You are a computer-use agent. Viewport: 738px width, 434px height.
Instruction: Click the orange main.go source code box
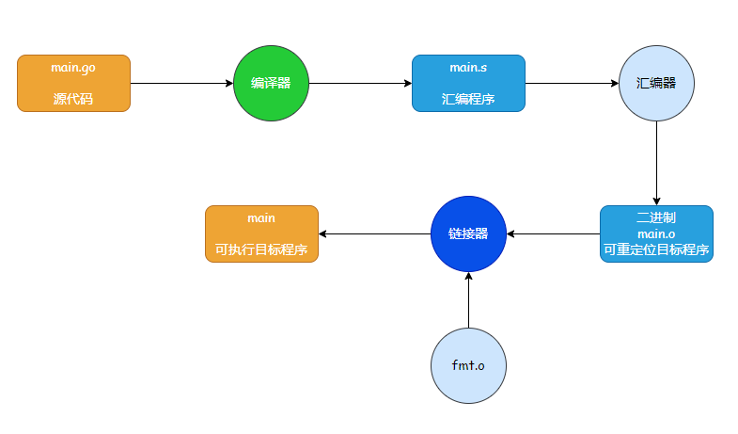pos(73,84)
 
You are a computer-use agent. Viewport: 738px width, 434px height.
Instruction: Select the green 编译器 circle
pos(271,84)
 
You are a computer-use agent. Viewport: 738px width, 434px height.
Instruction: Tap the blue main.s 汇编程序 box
pos(468,84)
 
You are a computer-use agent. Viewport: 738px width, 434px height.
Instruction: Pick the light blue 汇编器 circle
pos(656,84)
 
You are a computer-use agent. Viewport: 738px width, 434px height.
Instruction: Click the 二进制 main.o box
pos(656,233)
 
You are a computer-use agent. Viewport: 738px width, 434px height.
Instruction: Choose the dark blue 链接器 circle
pos(468,233)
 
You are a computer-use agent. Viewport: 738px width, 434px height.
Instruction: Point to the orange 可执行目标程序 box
pos(261,233)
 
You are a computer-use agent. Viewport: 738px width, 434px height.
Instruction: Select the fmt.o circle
pos(468,365)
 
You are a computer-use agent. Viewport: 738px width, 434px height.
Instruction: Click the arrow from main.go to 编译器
pos(181,84)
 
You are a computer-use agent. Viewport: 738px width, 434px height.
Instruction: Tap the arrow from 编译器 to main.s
pos(360,84)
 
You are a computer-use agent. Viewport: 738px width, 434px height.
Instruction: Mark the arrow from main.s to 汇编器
pos(572,84)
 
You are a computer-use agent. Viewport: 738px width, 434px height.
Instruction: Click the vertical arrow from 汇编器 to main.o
pos(656,164)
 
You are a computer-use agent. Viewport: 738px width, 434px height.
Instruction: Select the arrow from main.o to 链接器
pos(554,233)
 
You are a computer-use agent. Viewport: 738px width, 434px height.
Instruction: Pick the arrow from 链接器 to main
pos(375,233)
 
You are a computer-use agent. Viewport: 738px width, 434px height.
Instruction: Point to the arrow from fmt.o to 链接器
pos(468,300)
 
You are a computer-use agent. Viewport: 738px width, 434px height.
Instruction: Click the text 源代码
pos(73,99)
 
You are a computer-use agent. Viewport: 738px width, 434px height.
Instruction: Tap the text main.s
pos(468,68)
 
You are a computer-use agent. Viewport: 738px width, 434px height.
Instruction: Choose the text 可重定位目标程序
pos(656,249)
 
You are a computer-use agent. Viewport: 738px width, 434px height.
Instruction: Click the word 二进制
pos(656,217)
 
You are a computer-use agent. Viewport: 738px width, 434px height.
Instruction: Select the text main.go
pos(73,69)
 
